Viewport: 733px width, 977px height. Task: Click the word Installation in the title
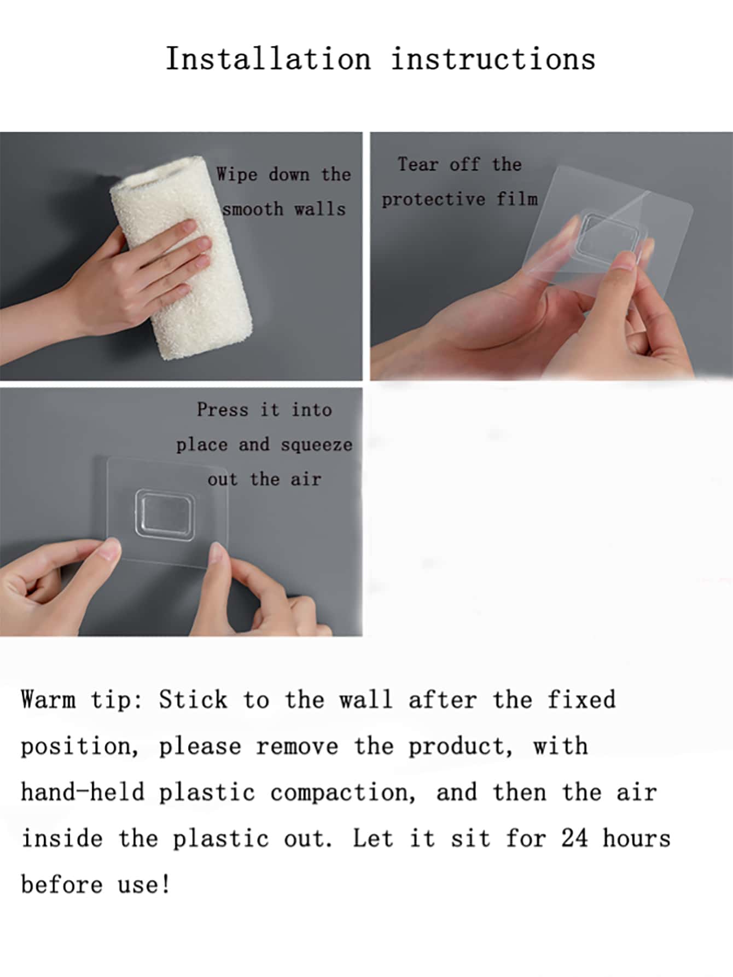point(268,59)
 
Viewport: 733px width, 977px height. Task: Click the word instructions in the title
point(493,59)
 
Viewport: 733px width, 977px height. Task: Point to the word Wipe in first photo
point(236,175)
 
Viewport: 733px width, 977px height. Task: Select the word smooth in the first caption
point(253,209)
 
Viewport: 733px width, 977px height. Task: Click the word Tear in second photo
point(418,164)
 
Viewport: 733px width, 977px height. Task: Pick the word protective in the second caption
point(433,199)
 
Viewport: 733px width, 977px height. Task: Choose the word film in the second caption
point(517,199)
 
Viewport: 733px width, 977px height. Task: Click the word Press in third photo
point(223,409)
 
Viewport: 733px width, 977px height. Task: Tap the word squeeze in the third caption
point(317,445)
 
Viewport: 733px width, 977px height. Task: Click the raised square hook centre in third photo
point(165,514)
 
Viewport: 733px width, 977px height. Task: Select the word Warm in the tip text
point(48,699)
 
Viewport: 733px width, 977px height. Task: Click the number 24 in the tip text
point(574,838)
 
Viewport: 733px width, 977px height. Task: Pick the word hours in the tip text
point(637,838)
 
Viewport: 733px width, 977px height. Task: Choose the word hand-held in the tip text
point(83,792)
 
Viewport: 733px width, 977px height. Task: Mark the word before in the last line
point(62,884)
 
